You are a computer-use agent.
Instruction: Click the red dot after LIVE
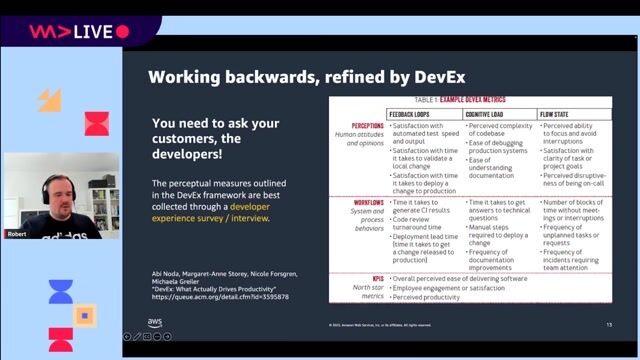coord(122,32)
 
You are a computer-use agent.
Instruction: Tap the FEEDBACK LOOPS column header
coord(416,113)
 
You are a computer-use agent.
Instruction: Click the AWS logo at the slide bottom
coord(155,322)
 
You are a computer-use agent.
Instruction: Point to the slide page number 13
coord(609,324)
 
